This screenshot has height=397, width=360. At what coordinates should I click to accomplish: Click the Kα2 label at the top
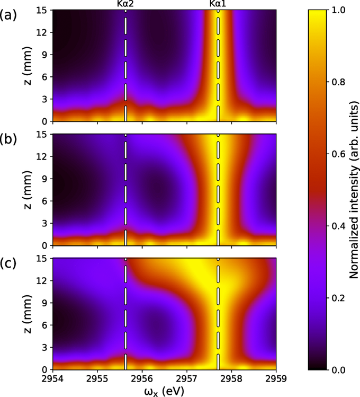click(125, 4)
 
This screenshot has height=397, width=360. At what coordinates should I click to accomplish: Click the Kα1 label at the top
click(218, 4)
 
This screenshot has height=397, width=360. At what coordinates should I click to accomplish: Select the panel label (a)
click(9, 16)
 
